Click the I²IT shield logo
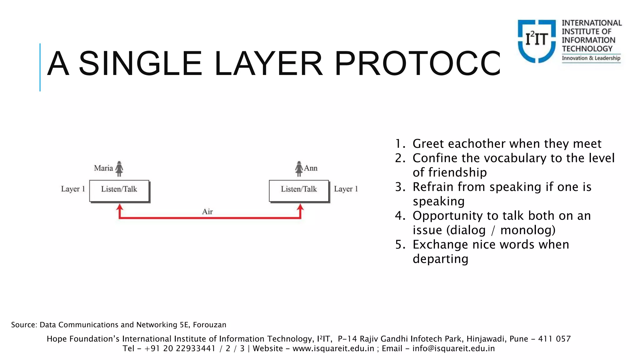click(537, 41)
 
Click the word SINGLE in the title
click(140, 64)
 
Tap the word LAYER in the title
click(268, 64)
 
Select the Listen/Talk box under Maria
click(119, 191)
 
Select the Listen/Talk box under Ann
click(299, 191)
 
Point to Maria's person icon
click(119, 169)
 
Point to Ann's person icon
click(299, 169)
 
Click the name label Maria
click(103, 168)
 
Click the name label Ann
click(311, 168)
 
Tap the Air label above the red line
click(207, 212)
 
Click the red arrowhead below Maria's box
click(119, 207)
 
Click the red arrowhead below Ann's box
click(300, 207)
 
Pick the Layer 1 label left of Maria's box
click(73, 189)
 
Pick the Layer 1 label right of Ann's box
click(346, 189)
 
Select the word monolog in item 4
click(527, 230)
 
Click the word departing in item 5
click(440, 259)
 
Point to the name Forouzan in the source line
click(209, 325)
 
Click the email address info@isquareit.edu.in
click(453, 348)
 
